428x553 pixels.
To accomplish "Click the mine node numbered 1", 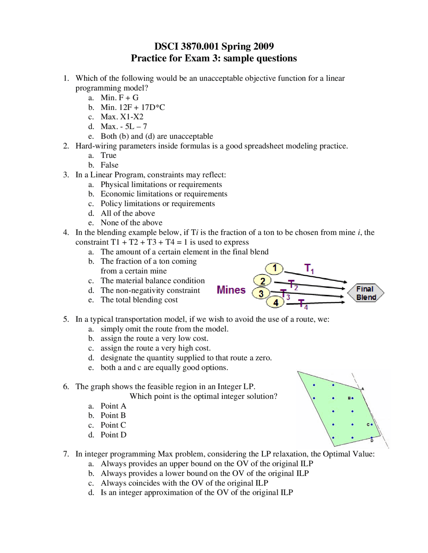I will tap(274, 268).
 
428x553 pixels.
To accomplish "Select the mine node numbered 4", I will tap(275, 303).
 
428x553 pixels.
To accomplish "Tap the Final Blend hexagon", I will tap(365, 293).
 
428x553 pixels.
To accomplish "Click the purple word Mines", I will tap(231, 290).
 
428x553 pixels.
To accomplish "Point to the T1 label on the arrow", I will tap(309, 268).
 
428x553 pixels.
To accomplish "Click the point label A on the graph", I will tap(362, 389).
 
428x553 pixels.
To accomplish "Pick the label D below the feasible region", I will tap(372, 441).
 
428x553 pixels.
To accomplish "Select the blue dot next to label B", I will tap(353, 398).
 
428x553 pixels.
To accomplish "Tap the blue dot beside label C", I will tap(371, 424).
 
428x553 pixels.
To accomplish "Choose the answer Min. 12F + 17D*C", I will tap(133, 107).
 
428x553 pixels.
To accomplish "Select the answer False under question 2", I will tap(109, 165).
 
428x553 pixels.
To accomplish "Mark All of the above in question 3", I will tap(128, 213).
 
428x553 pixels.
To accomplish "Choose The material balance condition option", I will tap(152, 281).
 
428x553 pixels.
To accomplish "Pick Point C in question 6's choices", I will tap(113, 425).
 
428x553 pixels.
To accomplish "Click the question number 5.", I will tap(66, 319).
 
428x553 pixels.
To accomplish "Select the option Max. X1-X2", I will tap(122, 117).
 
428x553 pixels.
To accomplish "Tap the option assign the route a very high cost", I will tap(155, 348).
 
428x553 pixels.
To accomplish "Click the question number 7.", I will tap(66, 454).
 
